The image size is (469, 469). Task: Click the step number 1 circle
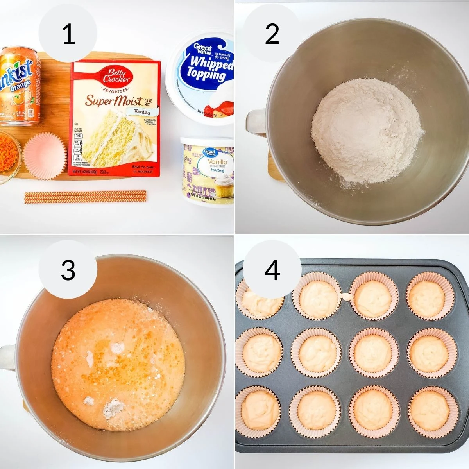coord(68,34)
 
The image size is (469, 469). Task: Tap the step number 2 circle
coord(272,34)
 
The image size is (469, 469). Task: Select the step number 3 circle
coord(68,270)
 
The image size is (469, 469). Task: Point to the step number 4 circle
coord(272,270)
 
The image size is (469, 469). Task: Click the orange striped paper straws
coord(85,196)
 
